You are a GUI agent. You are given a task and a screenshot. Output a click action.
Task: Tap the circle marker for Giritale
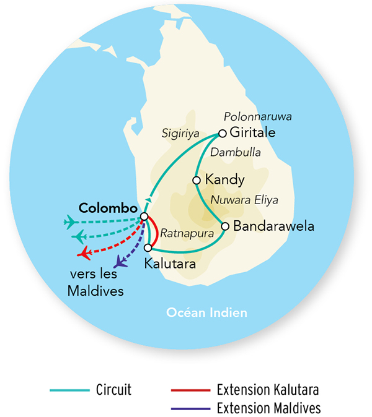point(222,133)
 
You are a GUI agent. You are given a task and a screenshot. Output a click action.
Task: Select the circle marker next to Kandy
point(197,180)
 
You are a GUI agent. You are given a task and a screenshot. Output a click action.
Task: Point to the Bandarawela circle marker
point(225,226)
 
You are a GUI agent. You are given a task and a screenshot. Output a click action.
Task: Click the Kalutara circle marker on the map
point(148,247)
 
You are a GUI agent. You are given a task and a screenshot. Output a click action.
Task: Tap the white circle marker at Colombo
point(144,216)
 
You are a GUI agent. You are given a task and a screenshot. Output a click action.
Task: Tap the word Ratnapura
point(183,234)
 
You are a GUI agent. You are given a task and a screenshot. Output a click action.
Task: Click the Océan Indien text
point(206,313)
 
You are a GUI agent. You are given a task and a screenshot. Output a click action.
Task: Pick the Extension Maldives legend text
point(268,408)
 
